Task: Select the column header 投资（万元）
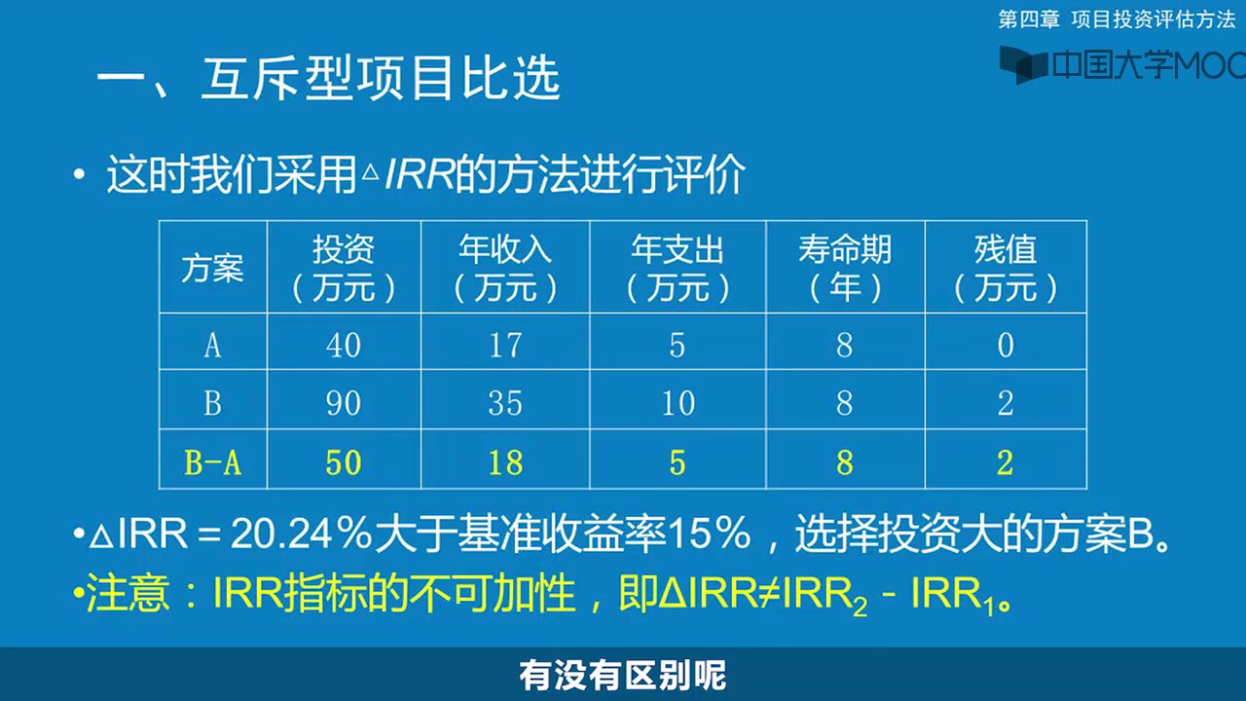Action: (x=344, y=268)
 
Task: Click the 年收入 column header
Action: (x=504, y=268)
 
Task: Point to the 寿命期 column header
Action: (x=844, y=268)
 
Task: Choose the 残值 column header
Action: (x=1005, y=268)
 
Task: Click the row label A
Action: (x=212, y=345)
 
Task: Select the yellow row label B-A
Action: (x=212, y=463)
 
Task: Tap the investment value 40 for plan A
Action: (x=344, y=345)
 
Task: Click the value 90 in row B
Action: (x=344, y=403)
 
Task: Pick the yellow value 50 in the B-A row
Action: (x=344, y=463)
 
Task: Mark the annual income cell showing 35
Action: (x=504, y=403)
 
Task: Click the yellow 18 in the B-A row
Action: (x=504, y=463)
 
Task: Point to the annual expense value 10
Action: (x=678, y=403)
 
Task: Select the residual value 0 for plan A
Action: (x=1005, y=345)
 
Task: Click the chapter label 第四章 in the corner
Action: (x=1029, y=18)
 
